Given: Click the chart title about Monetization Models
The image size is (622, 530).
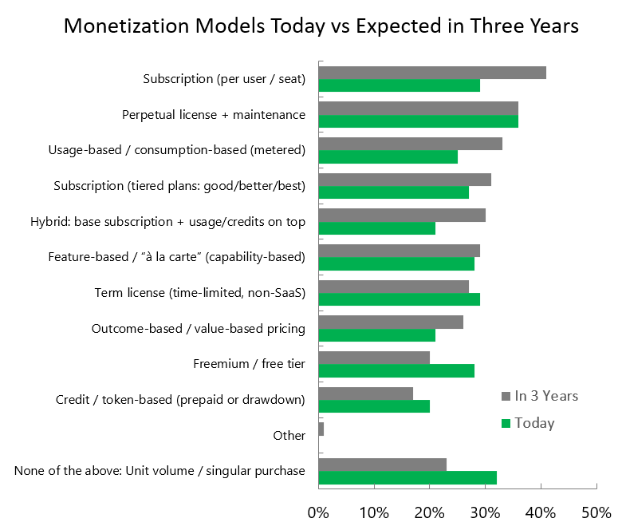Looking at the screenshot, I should click(321, 26).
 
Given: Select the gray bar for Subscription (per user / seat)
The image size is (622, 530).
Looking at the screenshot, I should click(432, 73).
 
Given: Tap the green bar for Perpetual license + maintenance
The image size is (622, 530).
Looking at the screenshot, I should click(418, 121).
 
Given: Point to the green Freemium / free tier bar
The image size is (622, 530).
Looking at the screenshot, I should click(396, 370).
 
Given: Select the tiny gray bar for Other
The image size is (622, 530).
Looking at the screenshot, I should click(321, 429).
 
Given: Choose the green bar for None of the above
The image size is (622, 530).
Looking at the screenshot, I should click(407, 477).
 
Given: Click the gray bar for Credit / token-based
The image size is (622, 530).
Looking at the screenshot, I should click(365, 394).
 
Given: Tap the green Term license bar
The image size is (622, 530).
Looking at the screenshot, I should click(399, 299).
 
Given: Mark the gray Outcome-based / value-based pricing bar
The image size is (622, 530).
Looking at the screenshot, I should click(390, 322).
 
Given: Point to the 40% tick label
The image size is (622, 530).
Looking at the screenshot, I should click(541, 511).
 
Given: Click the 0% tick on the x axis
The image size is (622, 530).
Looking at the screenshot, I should click(318, 511).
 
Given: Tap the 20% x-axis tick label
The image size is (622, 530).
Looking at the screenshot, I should click(430, 511).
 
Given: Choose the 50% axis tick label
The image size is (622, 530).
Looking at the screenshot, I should click(596, 511).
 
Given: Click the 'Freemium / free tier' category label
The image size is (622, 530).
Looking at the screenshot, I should click(249, 365).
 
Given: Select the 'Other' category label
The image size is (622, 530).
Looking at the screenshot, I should click(289, 435).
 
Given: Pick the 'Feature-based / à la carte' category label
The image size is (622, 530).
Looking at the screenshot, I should click(176, 257).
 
